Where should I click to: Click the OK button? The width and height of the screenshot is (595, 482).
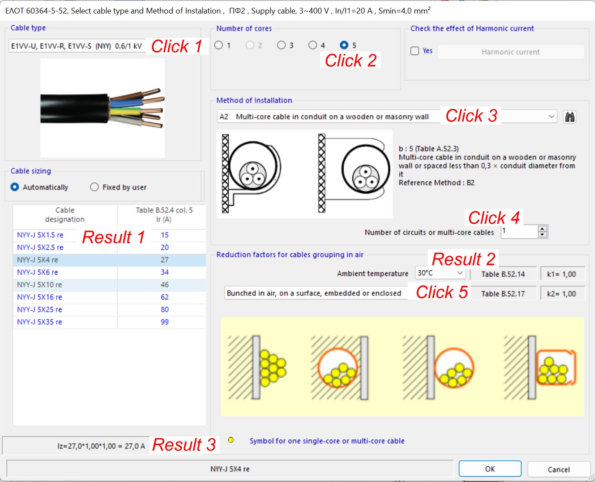coord(490,469)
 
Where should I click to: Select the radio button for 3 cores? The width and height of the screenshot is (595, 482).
coord(281,45)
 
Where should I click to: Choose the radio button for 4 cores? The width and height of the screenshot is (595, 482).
coord(313,45)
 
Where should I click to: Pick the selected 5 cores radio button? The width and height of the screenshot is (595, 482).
coord(344,45)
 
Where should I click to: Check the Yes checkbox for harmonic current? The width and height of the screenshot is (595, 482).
coord(415,51)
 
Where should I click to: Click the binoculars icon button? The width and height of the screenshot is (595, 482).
coord(569,117)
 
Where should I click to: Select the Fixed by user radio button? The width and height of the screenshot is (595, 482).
coord(95,187)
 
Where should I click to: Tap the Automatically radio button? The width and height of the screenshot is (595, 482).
coord(15,187)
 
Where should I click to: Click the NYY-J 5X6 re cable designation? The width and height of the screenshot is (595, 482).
coord(37,272)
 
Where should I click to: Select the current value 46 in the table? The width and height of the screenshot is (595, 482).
coord(165,285)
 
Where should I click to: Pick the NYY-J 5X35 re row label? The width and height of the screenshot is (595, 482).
coord(39,322)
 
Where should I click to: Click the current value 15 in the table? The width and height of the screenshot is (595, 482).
coord(165,235)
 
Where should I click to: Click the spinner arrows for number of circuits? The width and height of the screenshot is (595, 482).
coord(542,232)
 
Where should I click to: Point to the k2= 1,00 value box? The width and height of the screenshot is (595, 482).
coord(562,294)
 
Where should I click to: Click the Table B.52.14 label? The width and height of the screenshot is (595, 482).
coord(503,275)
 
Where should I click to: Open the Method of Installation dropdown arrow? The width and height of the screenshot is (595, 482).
coord(551,117)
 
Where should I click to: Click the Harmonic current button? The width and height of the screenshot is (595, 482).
coord(510,52)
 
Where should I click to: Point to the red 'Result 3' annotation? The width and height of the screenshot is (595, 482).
coord(184,445)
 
